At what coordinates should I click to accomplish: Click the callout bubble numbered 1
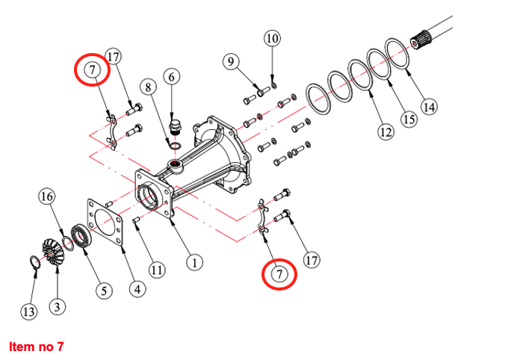coord(194,263)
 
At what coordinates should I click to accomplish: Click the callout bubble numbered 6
coord(171,76)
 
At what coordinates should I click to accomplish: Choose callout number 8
coord(149,87)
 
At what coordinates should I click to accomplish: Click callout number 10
coord(272,38)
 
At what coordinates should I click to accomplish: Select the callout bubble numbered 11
coord(156,270)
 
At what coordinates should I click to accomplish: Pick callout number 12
coord(385,132)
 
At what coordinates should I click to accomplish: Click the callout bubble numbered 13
coord(28,311)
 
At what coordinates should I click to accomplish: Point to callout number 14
coord(428,106)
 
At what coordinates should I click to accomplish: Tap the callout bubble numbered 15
coord(407,119)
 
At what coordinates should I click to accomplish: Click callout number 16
coord(47,196)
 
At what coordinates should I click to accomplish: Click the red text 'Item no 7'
coord(37,347)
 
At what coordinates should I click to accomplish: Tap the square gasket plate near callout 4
coord(108,223)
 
